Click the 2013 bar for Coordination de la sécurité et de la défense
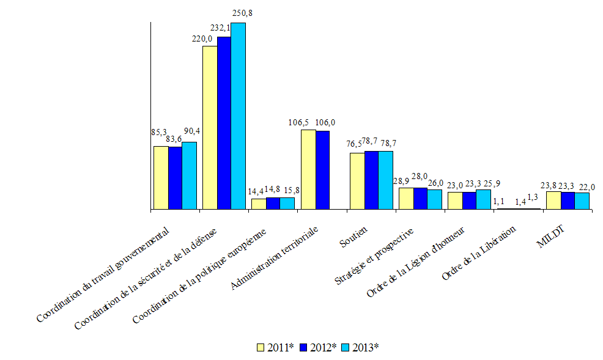click(x=239, y=116)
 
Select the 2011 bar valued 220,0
click(x=210, y=128)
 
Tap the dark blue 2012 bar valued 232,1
click(x=224, y=123)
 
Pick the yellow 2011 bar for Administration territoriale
click(x=308, y=169)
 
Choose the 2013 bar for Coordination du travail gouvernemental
click(x=190, y=176)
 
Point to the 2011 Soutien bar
click(x=357, y=181)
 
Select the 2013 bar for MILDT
click(x=582, y=201)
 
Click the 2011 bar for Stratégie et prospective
click(x=406, y=199)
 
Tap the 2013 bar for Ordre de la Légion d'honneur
click(x=484, y=200)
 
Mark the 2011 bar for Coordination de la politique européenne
click(x=259, y=204)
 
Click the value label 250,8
click(x=239, y=12)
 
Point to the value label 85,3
click(x=159, y=131)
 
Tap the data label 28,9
click(x=401, y=182)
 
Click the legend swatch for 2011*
click(x=261, y=347)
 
